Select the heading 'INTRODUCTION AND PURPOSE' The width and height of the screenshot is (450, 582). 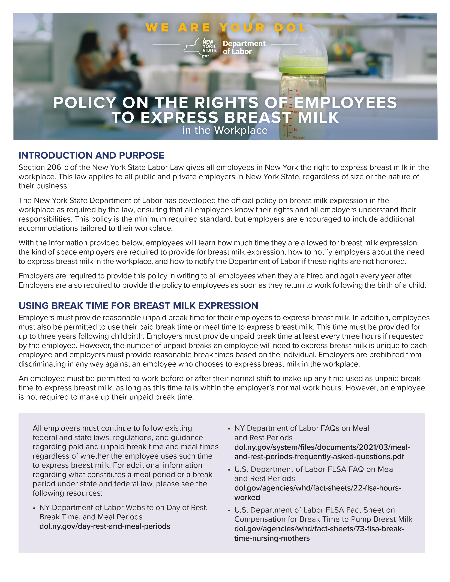[91, 155]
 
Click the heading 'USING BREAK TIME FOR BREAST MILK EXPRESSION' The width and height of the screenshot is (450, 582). [138, 305]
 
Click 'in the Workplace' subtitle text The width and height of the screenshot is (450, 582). [225, 130]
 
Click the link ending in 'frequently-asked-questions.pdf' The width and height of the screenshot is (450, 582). [319, 456]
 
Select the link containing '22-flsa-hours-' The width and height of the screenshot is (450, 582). [317, 488]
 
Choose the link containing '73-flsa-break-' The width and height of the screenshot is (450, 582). [319, 529]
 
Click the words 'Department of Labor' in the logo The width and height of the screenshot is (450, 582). [244, 47]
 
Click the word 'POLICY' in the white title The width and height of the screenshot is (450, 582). [85, 103]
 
